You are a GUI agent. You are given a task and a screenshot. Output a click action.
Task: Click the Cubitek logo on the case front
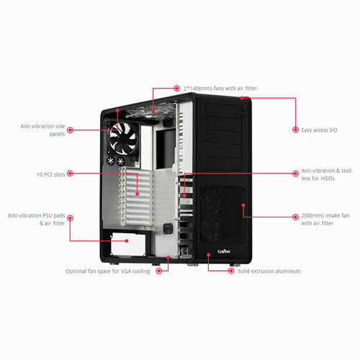(x=224, y=251)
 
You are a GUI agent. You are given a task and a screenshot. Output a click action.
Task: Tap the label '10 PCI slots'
(x=50, y=174)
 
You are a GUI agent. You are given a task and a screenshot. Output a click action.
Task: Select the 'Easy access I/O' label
(x=319, y=130)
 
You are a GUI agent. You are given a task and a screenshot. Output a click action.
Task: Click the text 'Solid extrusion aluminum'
(x=269, y=271)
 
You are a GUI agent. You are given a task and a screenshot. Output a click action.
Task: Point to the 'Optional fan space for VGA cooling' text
(x=108, y=271)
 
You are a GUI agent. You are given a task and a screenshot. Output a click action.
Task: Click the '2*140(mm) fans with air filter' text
(x=220, y=89)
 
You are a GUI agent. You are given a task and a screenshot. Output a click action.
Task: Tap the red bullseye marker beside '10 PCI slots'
(x=70, y=174)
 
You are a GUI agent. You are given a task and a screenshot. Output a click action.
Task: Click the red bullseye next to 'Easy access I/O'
(x=295, y=130)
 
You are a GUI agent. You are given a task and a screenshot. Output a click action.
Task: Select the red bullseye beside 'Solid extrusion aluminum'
(x=231, y=271)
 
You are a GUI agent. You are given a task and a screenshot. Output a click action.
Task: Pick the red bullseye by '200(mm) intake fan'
(x=295, y=217)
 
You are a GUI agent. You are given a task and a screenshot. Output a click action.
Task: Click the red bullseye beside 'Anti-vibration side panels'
(x=70, y=130)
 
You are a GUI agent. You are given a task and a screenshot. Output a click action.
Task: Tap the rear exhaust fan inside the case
(x=123, y=138)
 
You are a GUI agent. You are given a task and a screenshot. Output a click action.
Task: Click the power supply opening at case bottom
(x=128, y=243)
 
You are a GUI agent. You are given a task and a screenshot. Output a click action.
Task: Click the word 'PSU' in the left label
(x=48, y=215)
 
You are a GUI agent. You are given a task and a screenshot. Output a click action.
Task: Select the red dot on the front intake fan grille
(x=243, y=205)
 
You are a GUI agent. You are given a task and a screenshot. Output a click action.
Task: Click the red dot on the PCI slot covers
(x=138, y=194)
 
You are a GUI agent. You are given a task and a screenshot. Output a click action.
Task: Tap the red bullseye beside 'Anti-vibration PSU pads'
(x=70, y=218)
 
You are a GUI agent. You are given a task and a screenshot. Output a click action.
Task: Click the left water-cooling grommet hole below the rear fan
(x=111, y=161)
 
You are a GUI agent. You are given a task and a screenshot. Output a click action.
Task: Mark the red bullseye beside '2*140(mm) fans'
(x=177, y=89)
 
